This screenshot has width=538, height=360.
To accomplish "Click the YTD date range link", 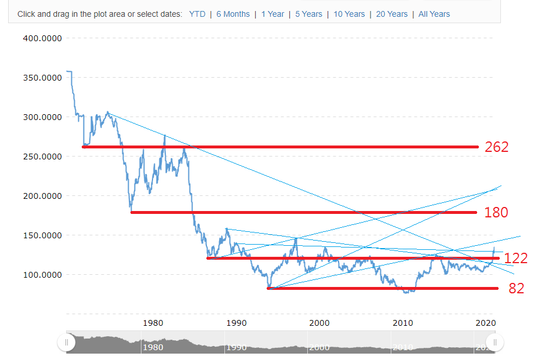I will tap(197, 14).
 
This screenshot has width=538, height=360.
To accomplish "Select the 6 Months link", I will tap(233, 14).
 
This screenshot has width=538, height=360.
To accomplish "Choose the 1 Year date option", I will tap(272, 14).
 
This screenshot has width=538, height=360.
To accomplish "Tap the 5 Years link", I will tap(308, 14).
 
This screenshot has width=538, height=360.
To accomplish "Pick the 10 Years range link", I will tap(349, 14).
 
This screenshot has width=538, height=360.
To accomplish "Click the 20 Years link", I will tap(392, 14).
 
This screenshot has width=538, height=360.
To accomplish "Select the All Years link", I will tap(434, 14).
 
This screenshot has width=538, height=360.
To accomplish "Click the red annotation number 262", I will tap(496, 147).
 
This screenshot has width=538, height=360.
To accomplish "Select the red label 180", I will tap(496, 213).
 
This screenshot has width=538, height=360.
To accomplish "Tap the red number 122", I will tap(515, 259).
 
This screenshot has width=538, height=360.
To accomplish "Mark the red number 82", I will tap(516, 288).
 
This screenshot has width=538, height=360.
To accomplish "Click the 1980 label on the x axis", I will tap(152, 323).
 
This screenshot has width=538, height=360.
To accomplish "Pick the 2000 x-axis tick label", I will tap(319, 323).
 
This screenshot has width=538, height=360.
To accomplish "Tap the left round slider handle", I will tap(66, 343).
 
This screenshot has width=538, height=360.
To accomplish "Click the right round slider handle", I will tap(495, 343).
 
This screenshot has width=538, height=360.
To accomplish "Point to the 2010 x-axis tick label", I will tap(403, 323).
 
